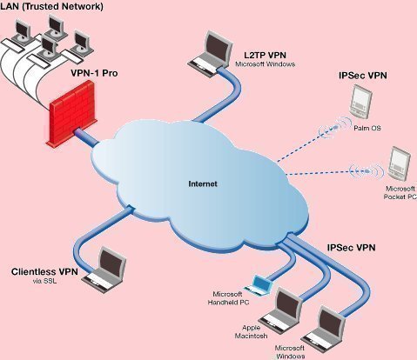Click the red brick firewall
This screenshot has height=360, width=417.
[x=71, y=114]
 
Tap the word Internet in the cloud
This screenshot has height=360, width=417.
[x=203, y=183]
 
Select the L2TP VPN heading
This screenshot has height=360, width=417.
[x=265, y=55]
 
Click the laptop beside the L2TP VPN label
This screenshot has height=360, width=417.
[x=211, y=53]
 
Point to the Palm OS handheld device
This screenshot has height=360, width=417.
[x=360, y=102]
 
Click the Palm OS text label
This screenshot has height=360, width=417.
[x=367, y=128]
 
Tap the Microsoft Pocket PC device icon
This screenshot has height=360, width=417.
[x=400, y=163]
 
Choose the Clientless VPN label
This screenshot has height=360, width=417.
[x=44, y=271]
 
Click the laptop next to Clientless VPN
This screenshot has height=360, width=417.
[x=104, y=270]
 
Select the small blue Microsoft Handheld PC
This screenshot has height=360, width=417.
[x=258, y=285]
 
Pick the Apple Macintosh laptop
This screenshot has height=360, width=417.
[x=281, y=308]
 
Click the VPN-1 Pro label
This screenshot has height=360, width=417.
[x=94, y=73]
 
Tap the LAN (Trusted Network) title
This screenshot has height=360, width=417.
[x=51, y=6]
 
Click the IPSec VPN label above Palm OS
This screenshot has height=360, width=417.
[x=363, y=76]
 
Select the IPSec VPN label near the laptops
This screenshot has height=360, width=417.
[x=351, y=248]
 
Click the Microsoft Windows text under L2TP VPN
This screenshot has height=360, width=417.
[x=265, y=64]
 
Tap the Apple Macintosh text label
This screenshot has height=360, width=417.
[x=251, y=332]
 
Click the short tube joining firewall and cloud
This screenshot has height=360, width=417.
[x=86, y=137]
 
